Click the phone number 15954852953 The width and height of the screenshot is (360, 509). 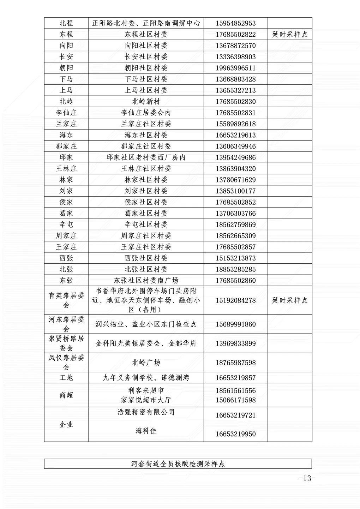[x=235, y=23]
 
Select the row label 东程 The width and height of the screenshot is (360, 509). [x=66, y=34]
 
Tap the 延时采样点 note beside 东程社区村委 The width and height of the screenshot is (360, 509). [x=290, y=34]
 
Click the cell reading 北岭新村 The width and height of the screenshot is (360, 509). [x=146, y=102]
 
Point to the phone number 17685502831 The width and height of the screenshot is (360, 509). [x=235, y=113]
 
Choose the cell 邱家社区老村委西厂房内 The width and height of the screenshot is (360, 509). [x=146, y=157]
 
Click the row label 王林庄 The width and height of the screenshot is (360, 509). [x=66, y=169]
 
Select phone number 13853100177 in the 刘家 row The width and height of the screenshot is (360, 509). [x=235, y=191]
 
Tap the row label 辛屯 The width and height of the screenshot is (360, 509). [x=66, y=224]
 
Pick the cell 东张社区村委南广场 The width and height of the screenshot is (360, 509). [x=146, y=281]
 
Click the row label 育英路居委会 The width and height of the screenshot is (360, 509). [x=66, y=300]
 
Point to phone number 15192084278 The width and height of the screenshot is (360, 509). [x=235, y=300]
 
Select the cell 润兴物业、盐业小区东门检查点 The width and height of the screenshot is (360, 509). [x=146, y=324]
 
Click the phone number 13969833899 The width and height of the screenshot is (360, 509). [x=235, y=343]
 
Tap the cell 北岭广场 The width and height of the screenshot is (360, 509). [x=146, y=363]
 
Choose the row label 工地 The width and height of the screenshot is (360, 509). [x=66, y=378]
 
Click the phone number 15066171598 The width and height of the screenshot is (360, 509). [x=235, y=400]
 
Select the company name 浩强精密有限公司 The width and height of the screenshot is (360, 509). [x=146, y=412]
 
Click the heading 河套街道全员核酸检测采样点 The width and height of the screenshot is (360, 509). [x=178, y=464]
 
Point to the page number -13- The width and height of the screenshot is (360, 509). [x=306, y=479]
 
